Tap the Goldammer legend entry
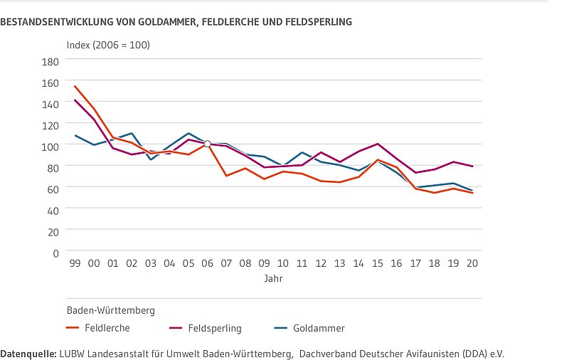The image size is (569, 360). [x=319, y=328]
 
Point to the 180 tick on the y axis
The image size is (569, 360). [x=50, y=61]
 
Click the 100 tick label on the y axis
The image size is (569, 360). [x=50, y=146]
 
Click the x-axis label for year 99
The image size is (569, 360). [x=75, y=263]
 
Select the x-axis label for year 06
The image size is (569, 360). [x=207, y=263]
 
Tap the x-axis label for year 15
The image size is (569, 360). [x=378, y=263]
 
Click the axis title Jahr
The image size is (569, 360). [x=273, y=278]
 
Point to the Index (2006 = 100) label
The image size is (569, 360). [x=108, y=45]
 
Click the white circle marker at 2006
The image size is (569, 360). [x=207, y=144]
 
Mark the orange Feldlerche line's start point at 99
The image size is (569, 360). [x=75, y=86]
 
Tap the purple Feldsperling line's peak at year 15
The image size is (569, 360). [x=378, y=144]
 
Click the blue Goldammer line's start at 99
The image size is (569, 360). [x=75, y=135]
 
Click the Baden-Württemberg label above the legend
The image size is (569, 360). [x=110, y=310]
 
